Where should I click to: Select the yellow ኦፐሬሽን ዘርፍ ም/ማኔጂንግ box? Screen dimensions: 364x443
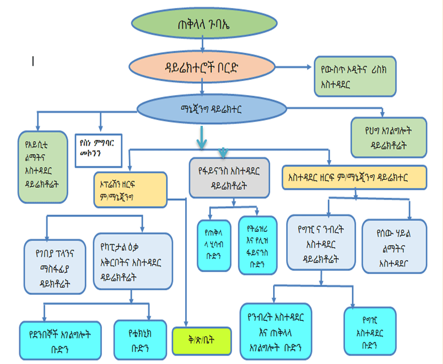pyautogui.click(x=130, y=187)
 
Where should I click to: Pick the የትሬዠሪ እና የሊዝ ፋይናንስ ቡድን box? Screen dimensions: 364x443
pyautogui.click(x=258, y=245)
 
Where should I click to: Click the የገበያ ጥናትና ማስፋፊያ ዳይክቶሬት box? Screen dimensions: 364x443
pyautogui.click(x=55, y=264)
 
